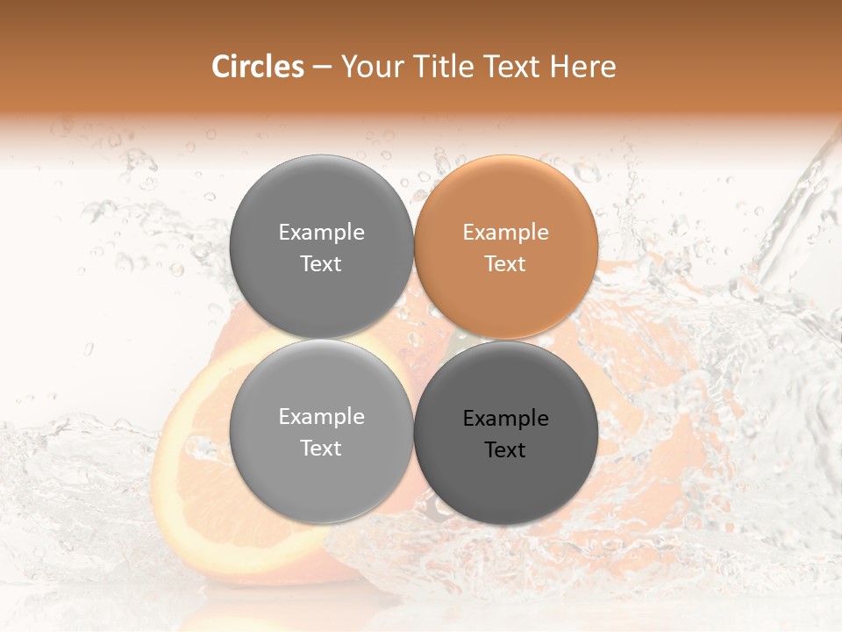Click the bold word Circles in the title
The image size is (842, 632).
(x=258, y=67)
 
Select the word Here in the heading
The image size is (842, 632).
(x=584, y=67)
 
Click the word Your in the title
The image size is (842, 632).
(x=371, y=67)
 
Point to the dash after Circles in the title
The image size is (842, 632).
(x=322, y=68)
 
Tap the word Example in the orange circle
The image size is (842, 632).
(x=506, y=233)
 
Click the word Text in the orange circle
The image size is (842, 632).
(x=506, y=263)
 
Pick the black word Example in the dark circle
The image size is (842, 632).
(x=506, y=419)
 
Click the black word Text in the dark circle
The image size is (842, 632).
(x=506, y=449)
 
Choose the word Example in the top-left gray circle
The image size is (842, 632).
(x=322, y=233)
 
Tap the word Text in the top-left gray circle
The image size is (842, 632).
(x=322, y=263)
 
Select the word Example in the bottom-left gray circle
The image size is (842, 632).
(x=322, y=417)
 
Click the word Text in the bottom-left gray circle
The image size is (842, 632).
(x=322, y=448)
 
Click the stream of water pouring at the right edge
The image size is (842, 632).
(x=794, y=219)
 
